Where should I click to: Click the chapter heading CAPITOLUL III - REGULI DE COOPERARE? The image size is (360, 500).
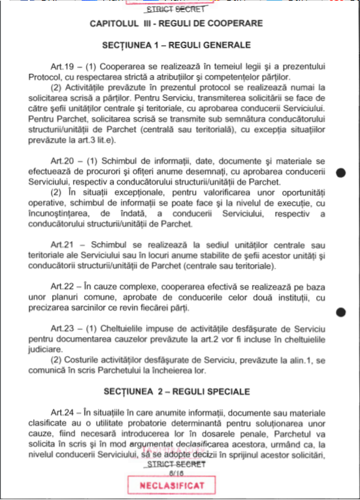pos(176,24)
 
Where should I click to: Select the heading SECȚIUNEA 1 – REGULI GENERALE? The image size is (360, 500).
pos(176,46)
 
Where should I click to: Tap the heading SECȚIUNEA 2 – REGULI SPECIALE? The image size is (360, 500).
pos(176,392)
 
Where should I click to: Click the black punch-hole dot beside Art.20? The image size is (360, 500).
pos(340,173)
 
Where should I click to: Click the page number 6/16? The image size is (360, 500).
pos(176,472)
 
